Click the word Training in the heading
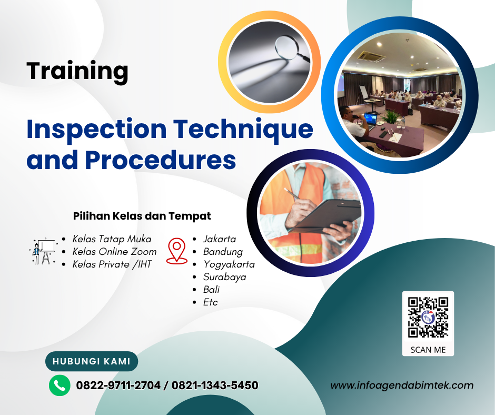click(x=77, y=71)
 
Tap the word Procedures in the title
click(x=161, y=160)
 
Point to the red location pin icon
click(x=176, y=251)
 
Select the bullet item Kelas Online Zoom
click(x=114, y=252)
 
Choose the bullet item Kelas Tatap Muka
click(x=112, y=239)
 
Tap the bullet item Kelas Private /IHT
click(x=112, y=264)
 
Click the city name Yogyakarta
click(x=229, y=264)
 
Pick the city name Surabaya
click(x=224, y=277)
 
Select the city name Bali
click(x=211, y=290)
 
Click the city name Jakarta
click(x=220, y=239)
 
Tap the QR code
click(x=428, y=317)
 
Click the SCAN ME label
click(x=428, y=350)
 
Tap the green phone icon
click(x=60, y=386)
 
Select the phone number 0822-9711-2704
click(x=118, y=386)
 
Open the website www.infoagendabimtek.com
click(x=402, y=386)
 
